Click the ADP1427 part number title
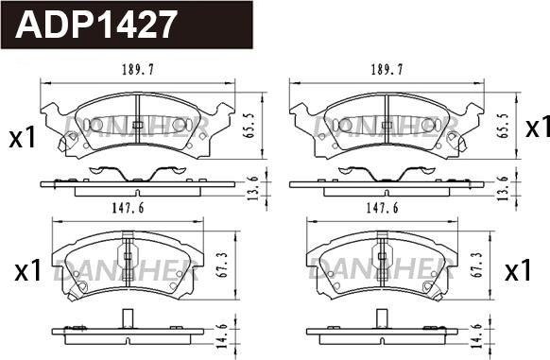pos(95,25)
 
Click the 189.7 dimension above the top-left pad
pos(138,70)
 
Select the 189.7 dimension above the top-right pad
pos(387,70)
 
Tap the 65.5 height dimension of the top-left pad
pos(249,126)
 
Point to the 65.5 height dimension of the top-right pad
pos(504,126)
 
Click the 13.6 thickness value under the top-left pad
pos(252,188)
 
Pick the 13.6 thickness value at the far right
pos(504,188)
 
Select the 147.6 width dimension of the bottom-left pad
pos(128,209)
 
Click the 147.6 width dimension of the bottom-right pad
pos(383,209)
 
